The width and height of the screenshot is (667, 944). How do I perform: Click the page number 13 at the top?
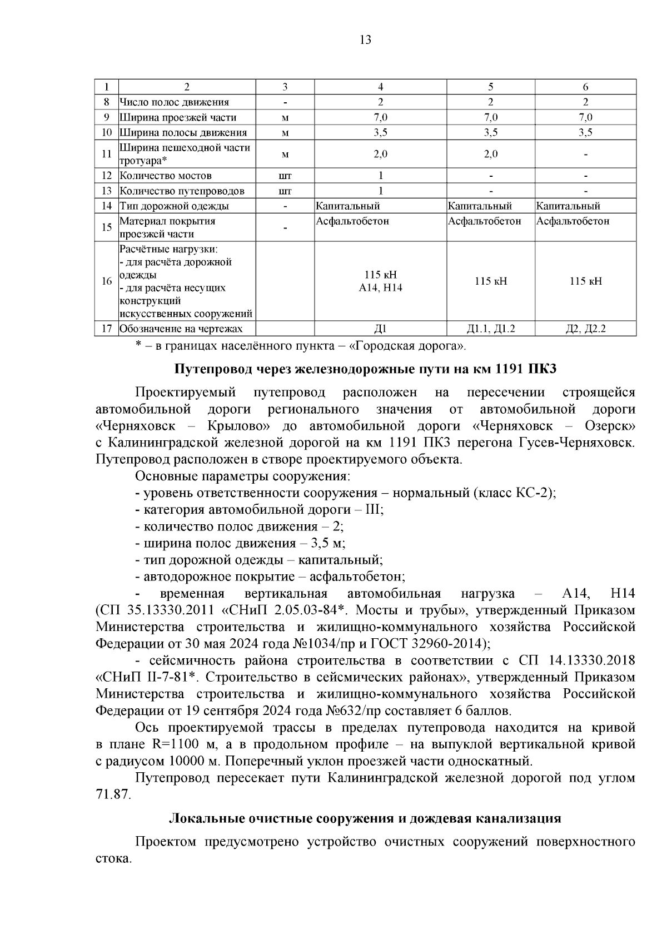[366, 40]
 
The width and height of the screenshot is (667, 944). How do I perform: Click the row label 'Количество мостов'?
[165, 176]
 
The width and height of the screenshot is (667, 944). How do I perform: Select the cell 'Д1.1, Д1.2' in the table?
[490, 329]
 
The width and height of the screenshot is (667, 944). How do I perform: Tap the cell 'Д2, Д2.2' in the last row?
[585, 329]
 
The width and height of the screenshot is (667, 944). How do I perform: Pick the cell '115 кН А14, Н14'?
[380, 281]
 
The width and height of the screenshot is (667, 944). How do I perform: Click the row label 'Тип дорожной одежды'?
[174, 206]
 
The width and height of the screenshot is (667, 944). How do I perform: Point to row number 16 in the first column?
[107, 281]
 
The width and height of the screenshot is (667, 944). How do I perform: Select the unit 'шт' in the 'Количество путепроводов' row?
[285, 191]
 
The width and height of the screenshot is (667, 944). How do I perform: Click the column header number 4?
[380, 87]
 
